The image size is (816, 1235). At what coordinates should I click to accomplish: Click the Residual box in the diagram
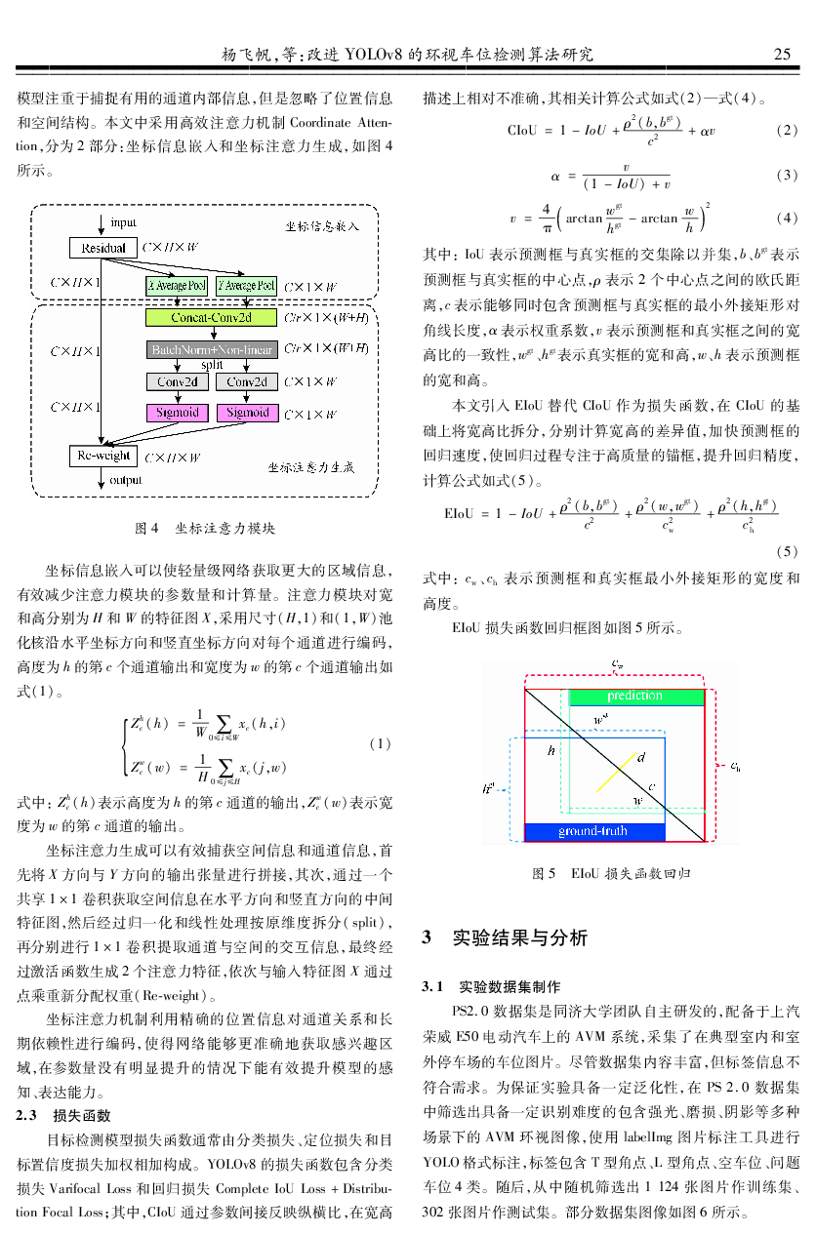pos(103,248)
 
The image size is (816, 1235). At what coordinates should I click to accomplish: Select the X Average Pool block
pos(177,285)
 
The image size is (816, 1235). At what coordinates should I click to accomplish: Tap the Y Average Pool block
pos(246,285)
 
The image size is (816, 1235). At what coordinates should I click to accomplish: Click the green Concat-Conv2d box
pos(211,317)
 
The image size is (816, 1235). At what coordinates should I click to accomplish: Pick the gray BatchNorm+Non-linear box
pos(211,348)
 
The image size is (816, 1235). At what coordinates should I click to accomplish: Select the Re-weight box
pos(103,456)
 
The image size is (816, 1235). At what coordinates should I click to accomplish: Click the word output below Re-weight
pos(126,480)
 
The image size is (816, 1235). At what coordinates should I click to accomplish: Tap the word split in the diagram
pos(212,364)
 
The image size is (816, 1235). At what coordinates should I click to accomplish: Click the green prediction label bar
pos(634,697)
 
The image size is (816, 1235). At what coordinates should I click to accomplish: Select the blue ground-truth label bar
pos(592,831)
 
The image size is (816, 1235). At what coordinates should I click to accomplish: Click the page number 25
pos(782,54)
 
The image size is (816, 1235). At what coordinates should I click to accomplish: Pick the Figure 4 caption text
pos(204,529)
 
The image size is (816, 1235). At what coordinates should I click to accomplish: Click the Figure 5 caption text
pos(611,874)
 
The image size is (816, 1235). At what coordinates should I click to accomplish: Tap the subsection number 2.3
pos(27,1116)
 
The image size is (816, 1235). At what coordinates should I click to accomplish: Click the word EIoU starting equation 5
pos(459,511)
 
